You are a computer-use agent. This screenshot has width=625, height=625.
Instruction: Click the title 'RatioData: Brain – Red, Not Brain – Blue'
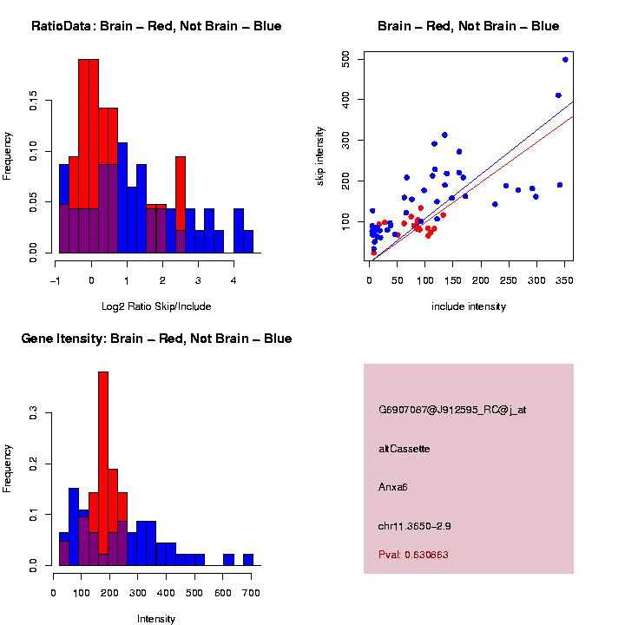coord(156,26)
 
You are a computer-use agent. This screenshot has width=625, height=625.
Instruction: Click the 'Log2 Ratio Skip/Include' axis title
coord(156,306)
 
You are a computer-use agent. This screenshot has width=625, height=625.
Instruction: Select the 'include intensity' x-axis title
coord(469,306)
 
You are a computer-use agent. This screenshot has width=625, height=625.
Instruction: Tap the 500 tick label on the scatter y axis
coord(345,59)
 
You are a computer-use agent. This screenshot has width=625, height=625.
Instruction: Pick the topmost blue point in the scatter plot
coord(565,60)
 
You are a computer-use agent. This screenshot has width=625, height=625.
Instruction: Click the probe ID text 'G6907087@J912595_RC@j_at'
coord(452,410)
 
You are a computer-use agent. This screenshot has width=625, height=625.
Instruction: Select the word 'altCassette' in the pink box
coord(405,449)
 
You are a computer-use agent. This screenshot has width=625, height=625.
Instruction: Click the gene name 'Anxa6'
coord(393,487)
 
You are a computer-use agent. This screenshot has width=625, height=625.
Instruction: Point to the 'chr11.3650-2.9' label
coord(415,526)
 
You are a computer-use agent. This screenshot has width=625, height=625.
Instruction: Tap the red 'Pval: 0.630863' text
coord(413,555)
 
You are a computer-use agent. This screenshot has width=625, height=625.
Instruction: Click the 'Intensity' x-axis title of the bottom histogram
coord(156,619)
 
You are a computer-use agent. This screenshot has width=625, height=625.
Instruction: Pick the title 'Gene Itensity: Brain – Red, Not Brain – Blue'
coord(156,339)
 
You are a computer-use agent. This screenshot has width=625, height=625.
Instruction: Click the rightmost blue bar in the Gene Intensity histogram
coord(248,559)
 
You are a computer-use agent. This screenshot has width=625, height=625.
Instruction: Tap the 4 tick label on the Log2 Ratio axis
coord(234,280)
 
